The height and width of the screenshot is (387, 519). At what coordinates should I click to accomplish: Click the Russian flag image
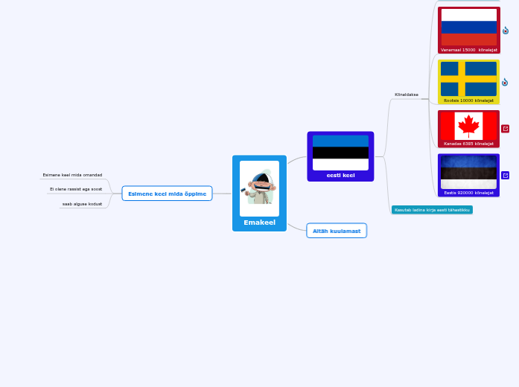(x=468, y=27)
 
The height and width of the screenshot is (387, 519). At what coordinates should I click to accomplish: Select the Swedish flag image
(x=468, y=78)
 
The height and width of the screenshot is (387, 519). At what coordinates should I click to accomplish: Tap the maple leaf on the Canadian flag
(x=468, y=125)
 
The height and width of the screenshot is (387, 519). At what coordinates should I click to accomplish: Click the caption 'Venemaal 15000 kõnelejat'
(x=468, y=50)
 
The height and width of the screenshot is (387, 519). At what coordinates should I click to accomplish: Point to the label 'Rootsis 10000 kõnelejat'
(x=468, y=100)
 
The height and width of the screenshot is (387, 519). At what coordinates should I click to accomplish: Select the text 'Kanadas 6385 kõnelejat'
(x=468, y=144)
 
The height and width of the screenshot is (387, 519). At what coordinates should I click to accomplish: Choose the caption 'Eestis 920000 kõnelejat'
(x=468, y=193)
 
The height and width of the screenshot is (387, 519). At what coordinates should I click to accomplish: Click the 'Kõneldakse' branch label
(x=406, y=95)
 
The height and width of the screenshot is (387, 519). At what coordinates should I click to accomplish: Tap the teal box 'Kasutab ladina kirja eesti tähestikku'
(x=432, y=210)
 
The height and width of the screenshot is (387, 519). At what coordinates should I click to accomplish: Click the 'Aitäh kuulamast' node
(x=337, y=231)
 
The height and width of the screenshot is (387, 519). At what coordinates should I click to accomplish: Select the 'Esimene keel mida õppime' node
(x=167, y=193)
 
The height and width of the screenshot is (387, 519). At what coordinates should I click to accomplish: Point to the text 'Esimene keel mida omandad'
(x=72, y=175)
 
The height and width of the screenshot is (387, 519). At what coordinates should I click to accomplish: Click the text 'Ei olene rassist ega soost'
(x=76, y=189)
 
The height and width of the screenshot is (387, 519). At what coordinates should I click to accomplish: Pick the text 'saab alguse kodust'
(x=82, y=203)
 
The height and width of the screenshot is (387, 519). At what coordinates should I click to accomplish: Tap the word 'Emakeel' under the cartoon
(x=259, y=223)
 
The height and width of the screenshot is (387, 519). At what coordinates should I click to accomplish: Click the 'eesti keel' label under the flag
(x=340, y=176)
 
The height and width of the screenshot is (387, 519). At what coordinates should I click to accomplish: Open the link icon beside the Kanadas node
(x=506, y=129)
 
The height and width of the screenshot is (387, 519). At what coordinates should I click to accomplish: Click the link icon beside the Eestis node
(x=506, y=176)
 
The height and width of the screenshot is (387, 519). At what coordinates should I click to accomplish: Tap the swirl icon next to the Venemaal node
(x=506, y=31)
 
